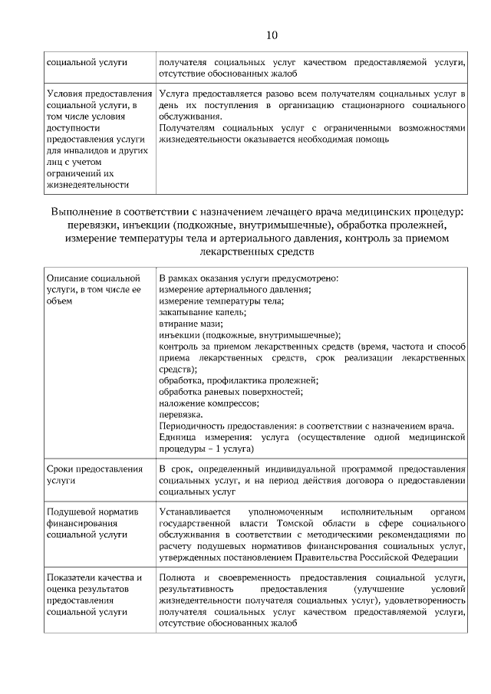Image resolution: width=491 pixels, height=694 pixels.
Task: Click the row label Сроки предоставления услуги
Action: coord(94,474)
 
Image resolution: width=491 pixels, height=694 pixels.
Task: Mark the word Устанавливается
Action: coord(197,510)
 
